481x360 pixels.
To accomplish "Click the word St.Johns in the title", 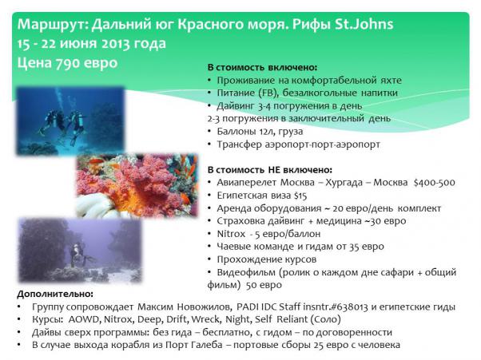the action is coord(364,24).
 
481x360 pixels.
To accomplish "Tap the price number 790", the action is coord(67,63).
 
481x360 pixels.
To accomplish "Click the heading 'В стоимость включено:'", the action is coord(262,67).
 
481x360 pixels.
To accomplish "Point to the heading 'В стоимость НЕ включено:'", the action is coord(269,169).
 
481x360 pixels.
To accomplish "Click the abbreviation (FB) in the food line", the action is coord(268,93).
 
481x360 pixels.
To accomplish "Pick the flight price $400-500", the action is coord(434,182).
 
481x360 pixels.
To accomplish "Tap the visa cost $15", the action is coord(300,196).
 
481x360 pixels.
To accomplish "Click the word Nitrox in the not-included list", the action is coord(231,234).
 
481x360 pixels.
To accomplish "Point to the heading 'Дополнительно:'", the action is coord(55,294).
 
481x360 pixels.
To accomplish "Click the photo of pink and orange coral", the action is coord(137,186).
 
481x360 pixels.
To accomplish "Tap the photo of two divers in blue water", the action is coord(70,121).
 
